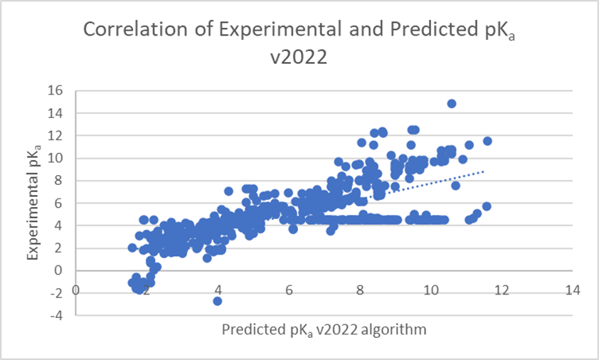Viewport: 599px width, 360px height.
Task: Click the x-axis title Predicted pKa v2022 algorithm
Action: pyautogui.click(x=324, y=330)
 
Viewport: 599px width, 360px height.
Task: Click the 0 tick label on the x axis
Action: pyautogui.click(x=75, y=290)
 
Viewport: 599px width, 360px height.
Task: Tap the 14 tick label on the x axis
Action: pyautogui.click(x=573, y=290)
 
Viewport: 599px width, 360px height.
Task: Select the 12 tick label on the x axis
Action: pyautogui.click(x=502, y=290)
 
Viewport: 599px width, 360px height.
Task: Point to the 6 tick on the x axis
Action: pyautogui.click(x=289, y=290)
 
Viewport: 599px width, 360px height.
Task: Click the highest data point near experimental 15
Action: pyautogui.click(x=451, y=104)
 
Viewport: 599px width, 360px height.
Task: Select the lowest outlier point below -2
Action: pyautogui.click(x=218, y=301)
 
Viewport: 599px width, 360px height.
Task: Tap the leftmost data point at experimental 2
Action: pyautogui.click(x=132, y=248)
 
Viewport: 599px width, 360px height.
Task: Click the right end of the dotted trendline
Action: pyautogui.click(x=484, y=171)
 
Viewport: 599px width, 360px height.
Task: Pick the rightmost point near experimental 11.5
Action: pyautogui.click(x=487, y=141)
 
